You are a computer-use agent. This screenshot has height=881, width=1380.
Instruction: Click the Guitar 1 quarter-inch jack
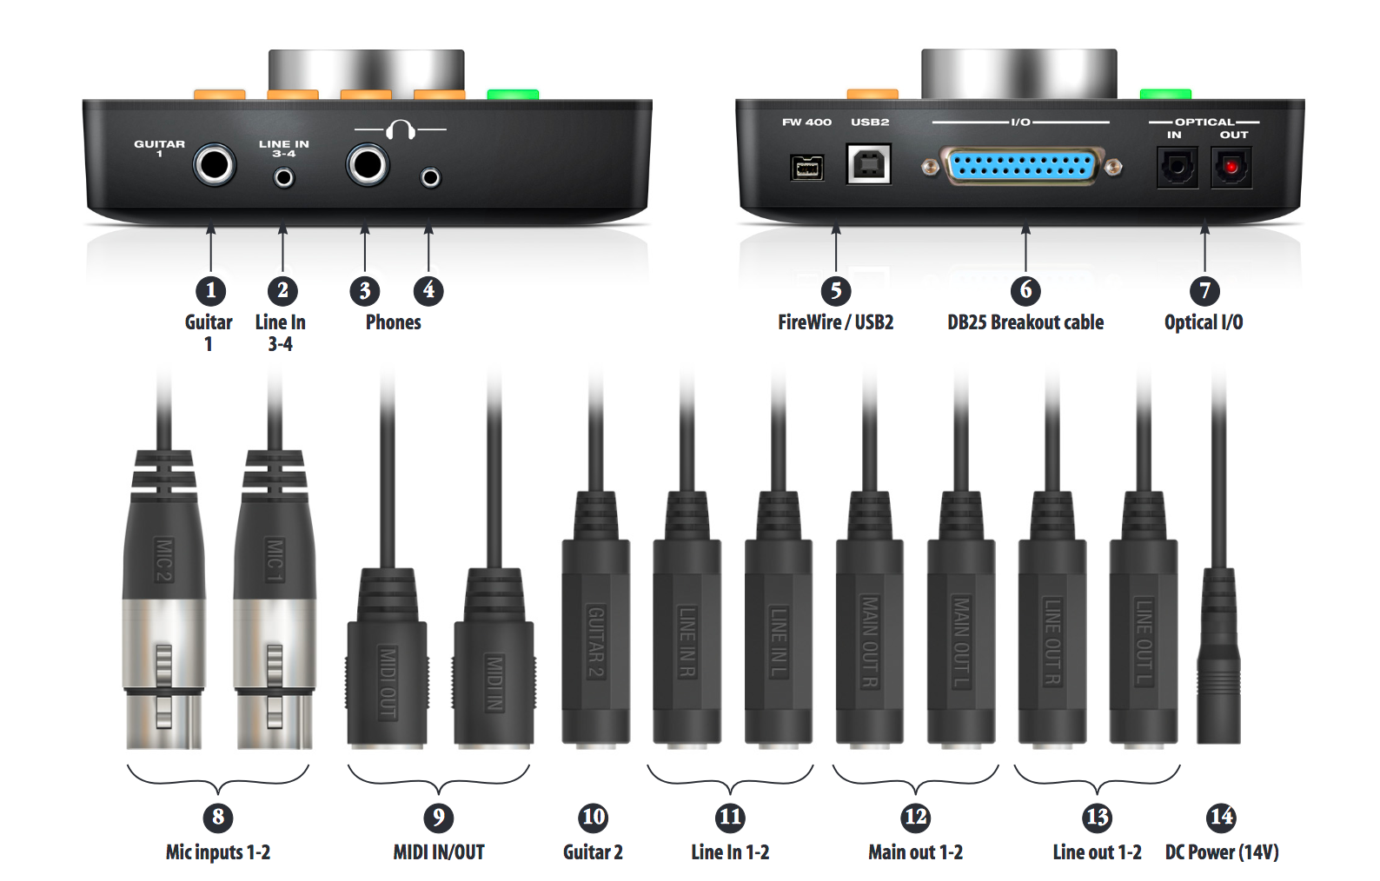214,165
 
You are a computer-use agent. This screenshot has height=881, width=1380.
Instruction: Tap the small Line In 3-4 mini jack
283,178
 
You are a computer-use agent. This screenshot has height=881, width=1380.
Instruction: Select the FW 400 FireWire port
806,168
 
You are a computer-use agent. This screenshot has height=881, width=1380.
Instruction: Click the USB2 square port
869,164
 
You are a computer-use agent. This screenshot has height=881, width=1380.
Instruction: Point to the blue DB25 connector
1021,166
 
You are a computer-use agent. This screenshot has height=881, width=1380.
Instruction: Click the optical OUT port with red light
1231,167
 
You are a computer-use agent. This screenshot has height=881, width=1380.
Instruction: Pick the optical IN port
1178,167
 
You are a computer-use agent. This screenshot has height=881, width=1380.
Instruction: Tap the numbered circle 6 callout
1025,290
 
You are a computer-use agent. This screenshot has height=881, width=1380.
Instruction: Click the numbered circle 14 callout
1220,817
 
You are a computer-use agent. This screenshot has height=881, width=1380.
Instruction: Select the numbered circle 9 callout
439,818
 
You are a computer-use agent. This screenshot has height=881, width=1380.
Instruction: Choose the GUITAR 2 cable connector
595,619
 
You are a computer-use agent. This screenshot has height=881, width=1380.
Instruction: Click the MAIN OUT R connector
869,619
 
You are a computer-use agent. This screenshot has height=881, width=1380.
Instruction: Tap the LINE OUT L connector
1144,619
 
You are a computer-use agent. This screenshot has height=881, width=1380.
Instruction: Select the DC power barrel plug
1218,655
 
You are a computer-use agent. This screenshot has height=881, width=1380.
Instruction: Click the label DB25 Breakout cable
1025,322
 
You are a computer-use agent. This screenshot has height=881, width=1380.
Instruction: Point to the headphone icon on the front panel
401,129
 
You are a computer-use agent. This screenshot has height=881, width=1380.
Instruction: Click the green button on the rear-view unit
1165,94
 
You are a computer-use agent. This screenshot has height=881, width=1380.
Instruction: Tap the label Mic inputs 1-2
218,852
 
